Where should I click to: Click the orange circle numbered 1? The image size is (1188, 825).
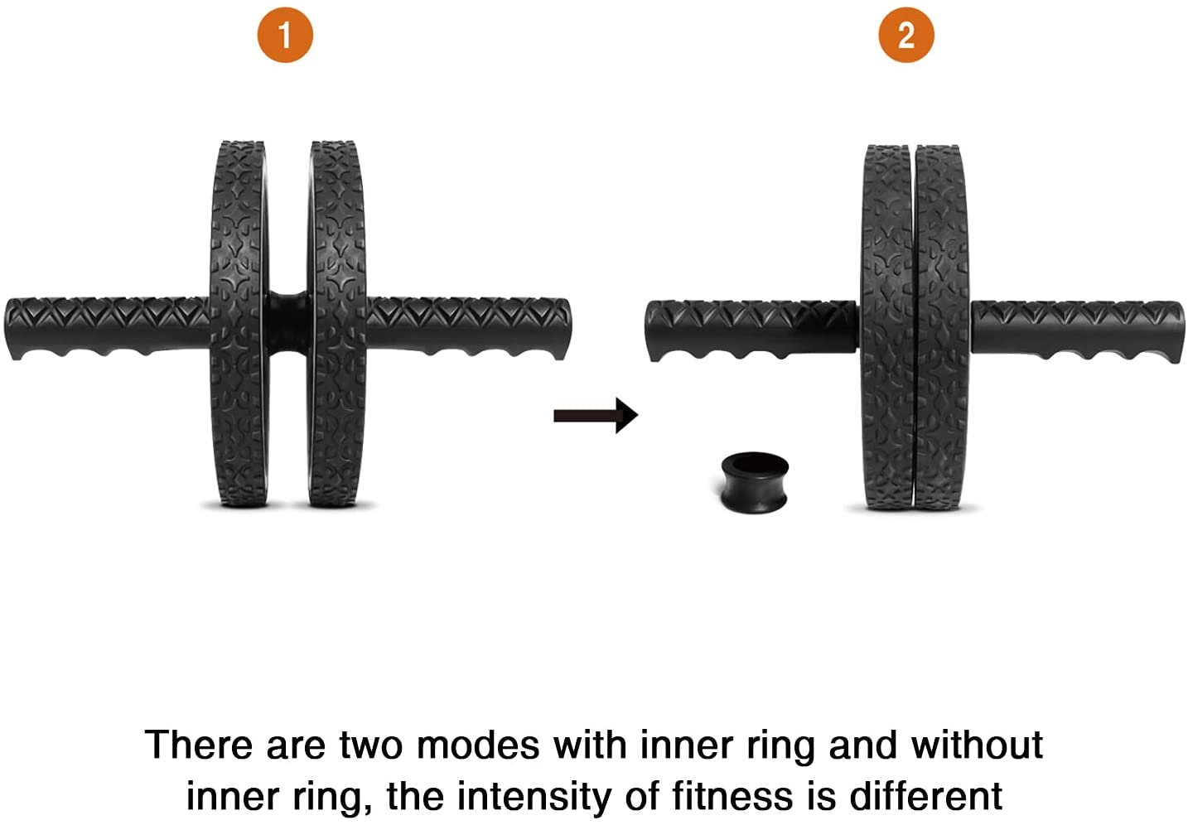click(x=285, y=36)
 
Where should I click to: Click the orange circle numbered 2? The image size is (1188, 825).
click(x=906, y=36)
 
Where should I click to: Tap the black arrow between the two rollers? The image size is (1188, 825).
click(x=596, y=414)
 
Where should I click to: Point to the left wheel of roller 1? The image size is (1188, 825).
click(x=238, y=323)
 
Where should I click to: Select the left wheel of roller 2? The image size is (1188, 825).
click(x=887, y=327)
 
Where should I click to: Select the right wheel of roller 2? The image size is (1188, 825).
click(x=942, y=327)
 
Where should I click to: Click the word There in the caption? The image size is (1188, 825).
click(x=198, y=745)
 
